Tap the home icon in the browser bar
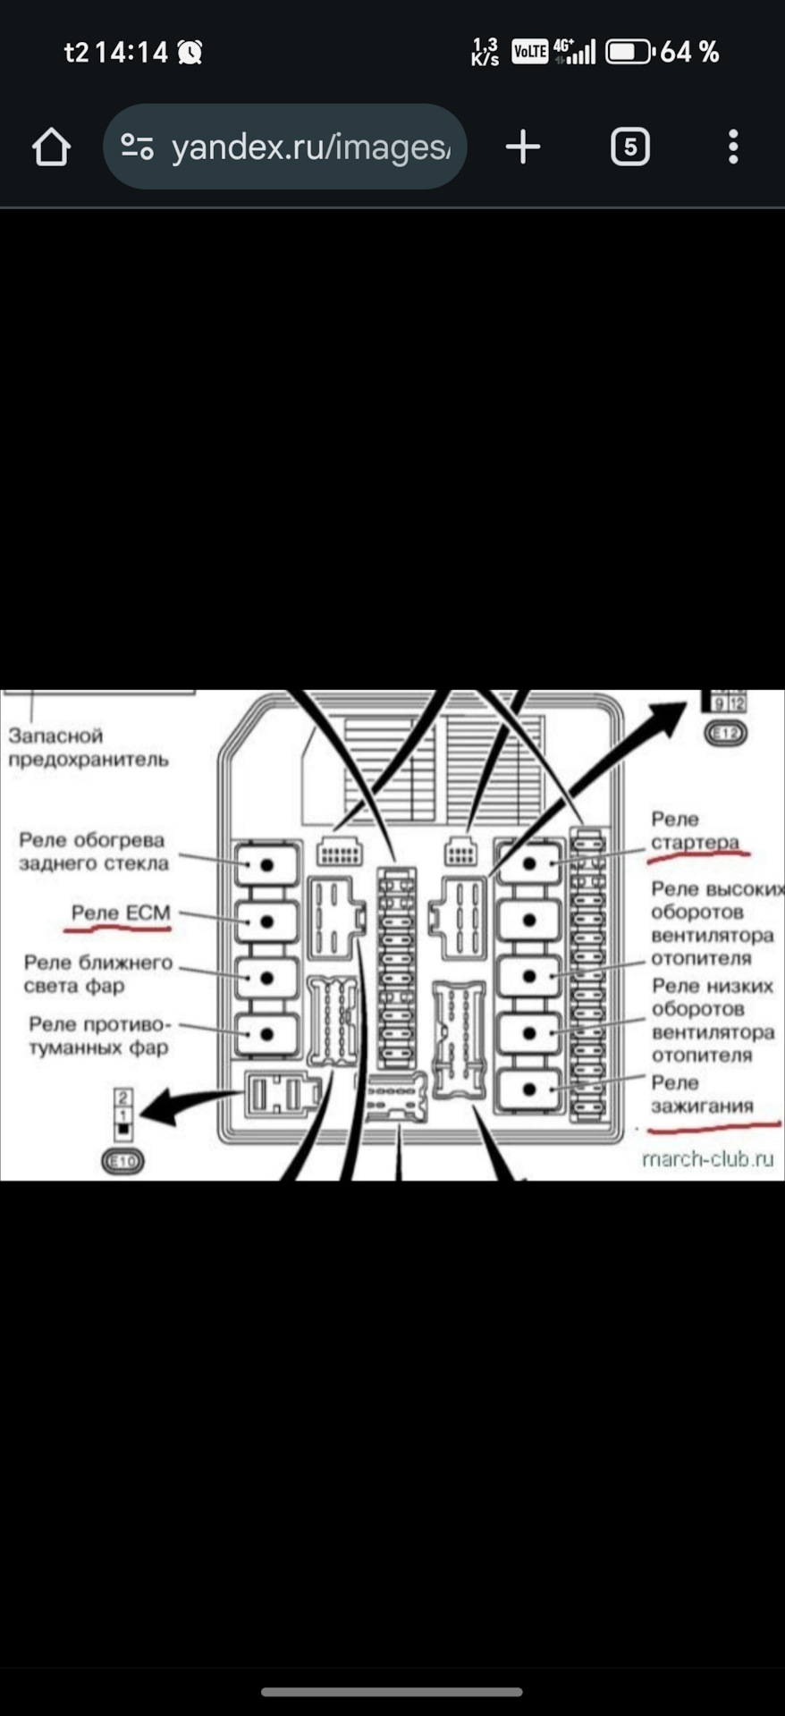pos(51,147)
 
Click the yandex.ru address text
pos(310,147)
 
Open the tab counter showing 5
pos(629,147)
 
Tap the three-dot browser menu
pos(733,147)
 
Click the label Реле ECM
pos(121,913)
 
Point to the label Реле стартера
pos(695,831)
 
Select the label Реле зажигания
pos(702,1095)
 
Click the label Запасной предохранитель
pos(88,747)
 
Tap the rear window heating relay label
pos(93,852)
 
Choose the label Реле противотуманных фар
pos(98,1036)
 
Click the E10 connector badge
pos(122,1161)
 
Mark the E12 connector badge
pos(725,734)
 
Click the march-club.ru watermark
pos(707,1159)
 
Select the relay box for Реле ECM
pos(266,921)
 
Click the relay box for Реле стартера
pos(529,863)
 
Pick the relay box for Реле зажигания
pos(529,1089)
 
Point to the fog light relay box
pos(266,1035)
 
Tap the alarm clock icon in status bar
pos(190,53)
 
